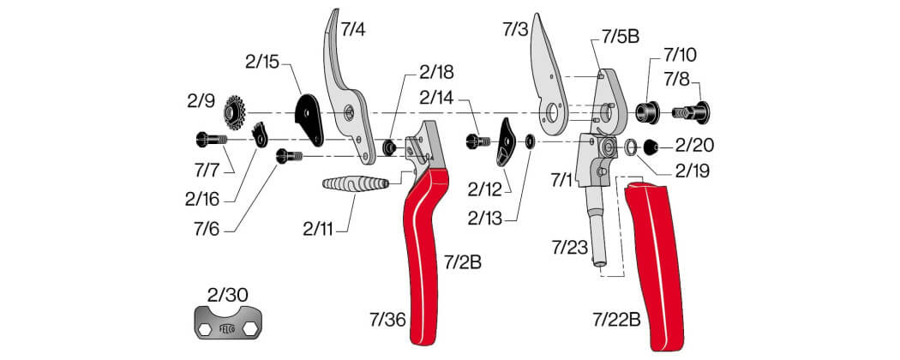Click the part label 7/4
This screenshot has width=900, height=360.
click(x=353, y=29)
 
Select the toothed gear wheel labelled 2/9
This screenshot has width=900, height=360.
click(x=235, y=111)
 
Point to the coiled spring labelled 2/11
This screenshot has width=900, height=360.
click(x=356, y=185)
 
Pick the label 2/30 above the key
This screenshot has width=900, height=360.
click(x=228, y=295)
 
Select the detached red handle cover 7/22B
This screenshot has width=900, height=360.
click(x=653, y=264)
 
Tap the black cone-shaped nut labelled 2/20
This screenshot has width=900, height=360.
click(x=650, y=147)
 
